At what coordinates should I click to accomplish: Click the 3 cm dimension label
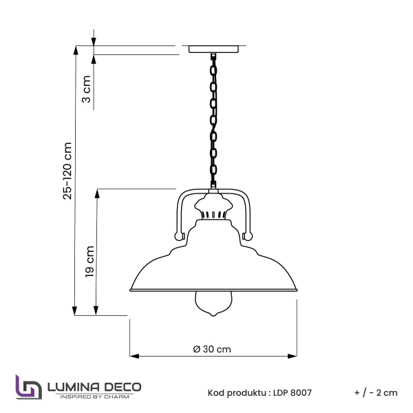click(x=87, y=89)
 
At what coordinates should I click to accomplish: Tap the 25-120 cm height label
click(x=67, y=171)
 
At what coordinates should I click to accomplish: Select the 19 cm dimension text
click(x=89, y=262)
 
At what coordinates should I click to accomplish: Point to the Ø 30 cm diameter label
click(x=212, y=349)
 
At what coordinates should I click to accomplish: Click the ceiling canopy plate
click(x=213, y=50)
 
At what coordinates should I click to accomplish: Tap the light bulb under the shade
click(x=213, y=303)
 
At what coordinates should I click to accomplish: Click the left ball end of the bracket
click(x=179, y=236)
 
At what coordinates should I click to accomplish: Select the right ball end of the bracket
click(x=248, y=236)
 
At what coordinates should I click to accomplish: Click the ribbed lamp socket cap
click(x=213, y=206)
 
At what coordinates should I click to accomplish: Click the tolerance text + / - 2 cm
click(x=376, y=393)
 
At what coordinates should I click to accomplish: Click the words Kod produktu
click(x=236, y=393)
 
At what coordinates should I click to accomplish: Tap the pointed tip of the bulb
click(x=213, y=316)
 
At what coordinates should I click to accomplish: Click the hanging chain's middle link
click(x=213, y=121)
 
